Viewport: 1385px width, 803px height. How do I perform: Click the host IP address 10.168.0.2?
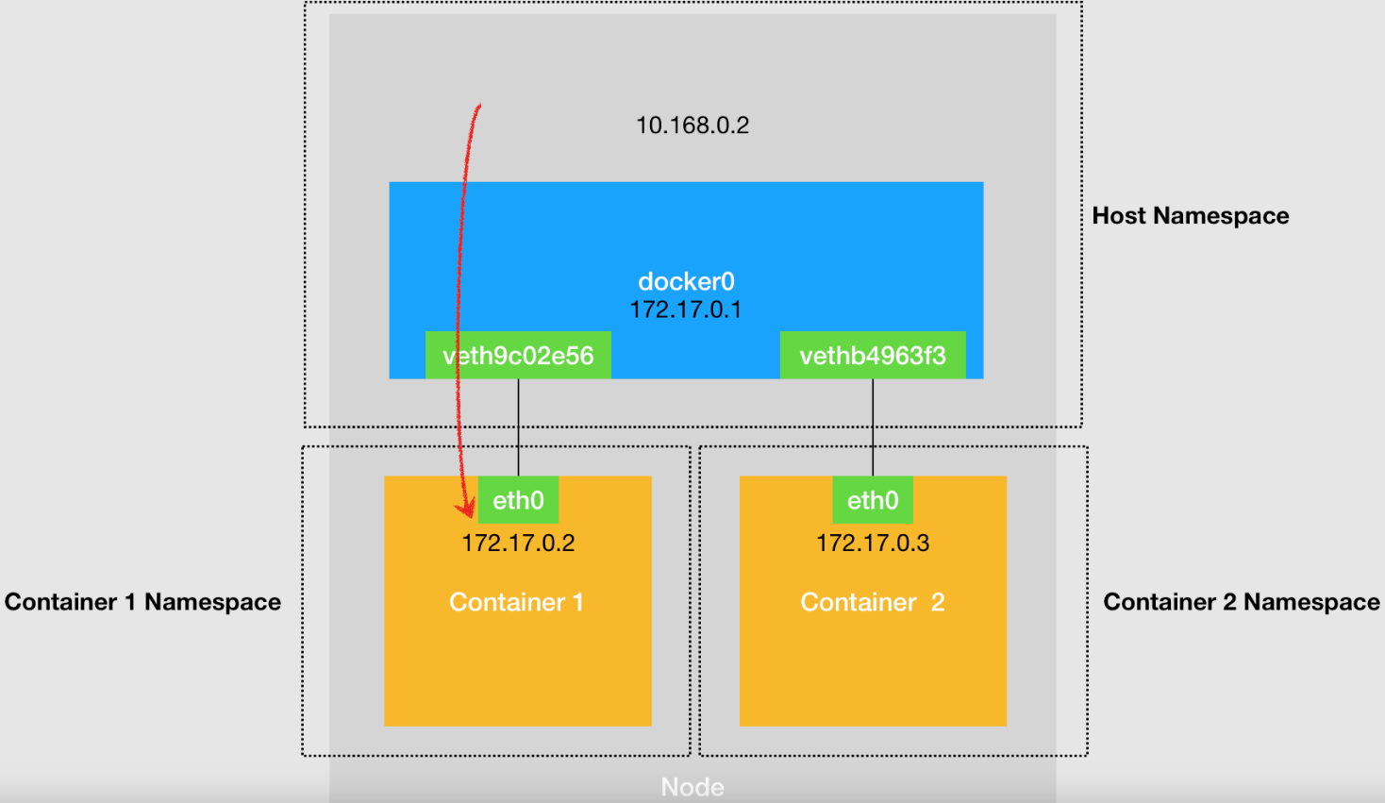click(x=692, y=125)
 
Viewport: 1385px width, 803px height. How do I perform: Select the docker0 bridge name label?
click(x=686, y=282)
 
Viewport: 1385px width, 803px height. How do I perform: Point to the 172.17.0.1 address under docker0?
click(x=686, y=309)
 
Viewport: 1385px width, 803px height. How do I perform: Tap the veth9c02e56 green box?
click(x=518, y=355)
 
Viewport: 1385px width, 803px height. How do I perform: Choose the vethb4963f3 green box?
click(x=873, y=355)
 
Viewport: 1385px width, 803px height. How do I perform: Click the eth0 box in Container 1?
click(x=518, y=499)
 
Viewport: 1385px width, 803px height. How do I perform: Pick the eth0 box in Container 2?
click(x=873, y=499)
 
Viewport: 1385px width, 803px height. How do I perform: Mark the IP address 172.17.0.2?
click(x=518, y=543)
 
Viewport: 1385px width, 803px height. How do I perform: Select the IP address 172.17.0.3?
click(x=873, y=543)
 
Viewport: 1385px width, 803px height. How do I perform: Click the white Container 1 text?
click(x=516, y=602)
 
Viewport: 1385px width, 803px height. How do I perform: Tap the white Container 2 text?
click(x=873, y=602)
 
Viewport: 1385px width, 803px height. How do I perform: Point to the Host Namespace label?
click(x=1191, y=216)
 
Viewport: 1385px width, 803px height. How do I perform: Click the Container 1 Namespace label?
click(x=142, y=602)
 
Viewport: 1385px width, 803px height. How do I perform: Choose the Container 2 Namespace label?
click(x=1242, y=602)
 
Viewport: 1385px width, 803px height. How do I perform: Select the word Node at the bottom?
click(x=692, y=787)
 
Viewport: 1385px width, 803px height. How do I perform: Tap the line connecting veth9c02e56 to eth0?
click(x=518, y=427)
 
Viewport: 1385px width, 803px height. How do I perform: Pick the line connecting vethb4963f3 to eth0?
click(x=873, y=427)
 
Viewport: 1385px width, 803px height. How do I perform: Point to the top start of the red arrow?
click(x=480, y=105)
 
